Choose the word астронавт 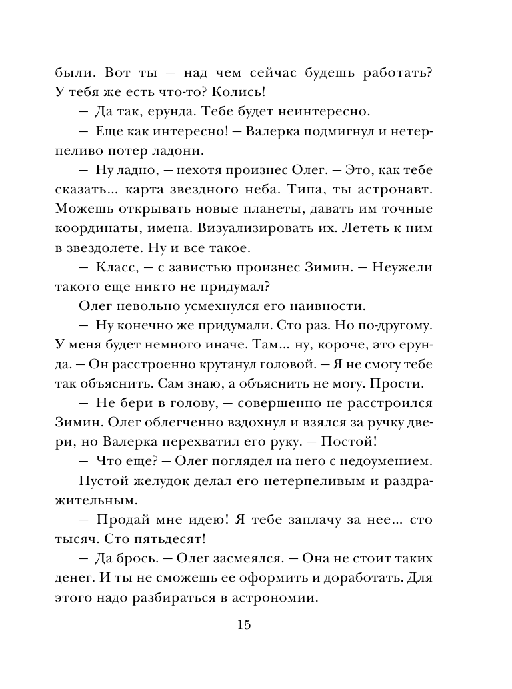397,193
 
